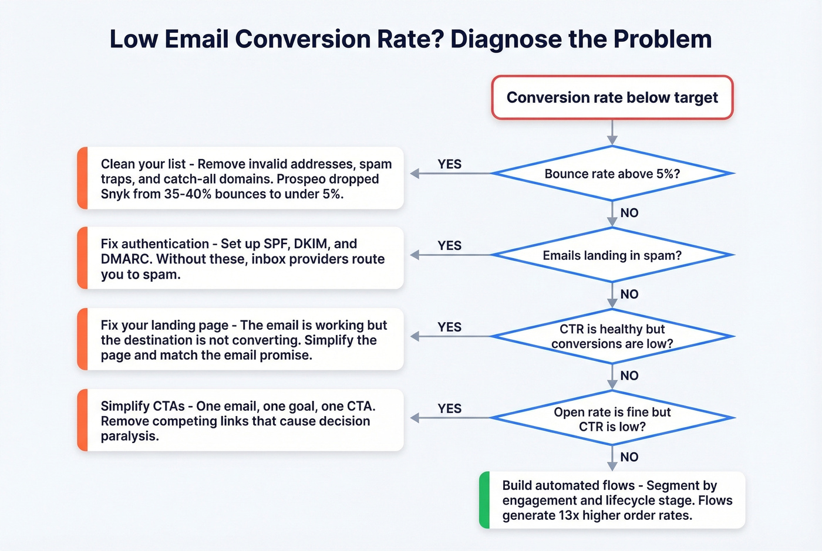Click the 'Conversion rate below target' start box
tap(612, 97)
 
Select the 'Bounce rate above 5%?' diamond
tap(612, 174)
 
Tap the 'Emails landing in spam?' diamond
tap(612, 255)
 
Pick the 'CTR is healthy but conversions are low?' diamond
tap(612, 336)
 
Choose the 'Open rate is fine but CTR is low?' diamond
tap(612, 418)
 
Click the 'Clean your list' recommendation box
tap(241, 178)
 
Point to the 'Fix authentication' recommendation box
tap(241, 258)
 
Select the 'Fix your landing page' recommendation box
tap(241, 340)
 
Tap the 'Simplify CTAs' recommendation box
tap(241, 421)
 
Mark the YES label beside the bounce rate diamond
tap(450, 164)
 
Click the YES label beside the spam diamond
tap(450, 246)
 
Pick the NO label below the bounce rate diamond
tap(629, 213)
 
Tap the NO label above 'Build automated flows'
tap(629, 457)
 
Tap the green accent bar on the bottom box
tap(484, 500)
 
